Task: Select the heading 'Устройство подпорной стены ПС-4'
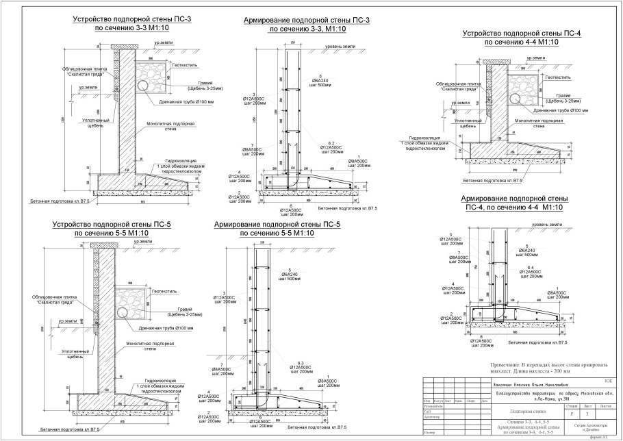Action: coord(522,34)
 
